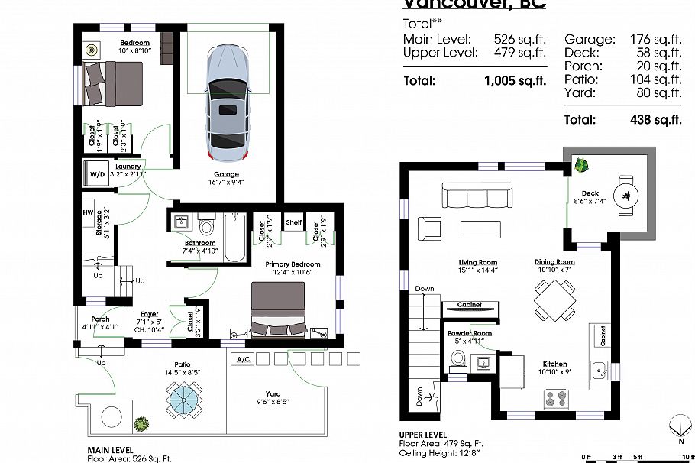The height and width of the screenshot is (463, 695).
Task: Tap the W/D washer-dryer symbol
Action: [98, 174]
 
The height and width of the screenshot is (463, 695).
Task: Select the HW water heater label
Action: [88, 214]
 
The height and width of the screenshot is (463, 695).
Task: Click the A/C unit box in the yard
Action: [243, 358]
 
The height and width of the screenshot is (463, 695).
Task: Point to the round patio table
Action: [183, 399]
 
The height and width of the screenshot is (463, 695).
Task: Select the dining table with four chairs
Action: [554, 299]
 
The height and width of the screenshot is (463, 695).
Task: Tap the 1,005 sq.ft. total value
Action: [515, 80]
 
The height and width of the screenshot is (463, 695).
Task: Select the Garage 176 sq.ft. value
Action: [655, 39]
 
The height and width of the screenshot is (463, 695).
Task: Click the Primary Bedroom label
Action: [293, 264]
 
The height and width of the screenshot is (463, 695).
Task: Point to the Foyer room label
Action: [149, 313]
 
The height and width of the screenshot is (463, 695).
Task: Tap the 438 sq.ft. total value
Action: [655, 119]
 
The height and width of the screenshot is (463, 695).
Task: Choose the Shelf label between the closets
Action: [294, 223]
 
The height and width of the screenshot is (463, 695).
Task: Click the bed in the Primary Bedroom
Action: [279, 309]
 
